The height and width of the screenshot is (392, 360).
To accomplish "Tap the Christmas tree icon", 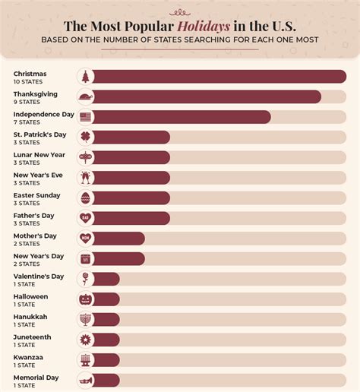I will (85, 76).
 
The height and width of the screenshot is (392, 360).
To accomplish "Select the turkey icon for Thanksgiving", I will (85, 96).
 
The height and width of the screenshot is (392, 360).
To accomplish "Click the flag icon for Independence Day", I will (85, 117).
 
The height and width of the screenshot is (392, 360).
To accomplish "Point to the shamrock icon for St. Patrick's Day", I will (85, 137).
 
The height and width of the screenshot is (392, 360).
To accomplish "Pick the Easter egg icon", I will (85, 198).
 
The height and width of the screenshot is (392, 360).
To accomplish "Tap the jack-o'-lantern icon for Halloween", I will (85, 299).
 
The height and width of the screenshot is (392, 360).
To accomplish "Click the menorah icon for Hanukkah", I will (85, 319).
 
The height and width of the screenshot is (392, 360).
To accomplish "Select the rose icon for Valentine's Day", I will (85, 279).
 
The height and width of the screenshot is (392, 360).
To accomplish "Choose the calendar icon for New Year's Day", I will (85, 258).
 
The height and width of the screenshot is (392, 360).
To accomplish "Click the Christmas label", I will (30, 74).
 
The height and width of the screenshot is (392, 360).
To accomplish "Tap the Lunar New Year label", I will (39, 154).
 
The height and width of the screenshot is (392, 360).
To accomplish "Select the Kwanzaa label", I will (28, 356).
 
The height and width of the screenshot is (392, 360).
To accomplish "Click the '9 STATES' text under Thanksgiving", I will (27, 101).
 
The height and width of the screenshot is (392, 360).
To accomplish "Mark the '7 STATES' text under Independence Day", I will (27, 122).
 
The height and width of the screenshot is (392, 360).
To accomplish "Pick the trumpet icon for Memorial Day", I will (85, 380).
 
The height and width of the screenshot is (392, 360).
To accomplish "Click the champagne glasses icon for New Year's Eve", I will (85, 178).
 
